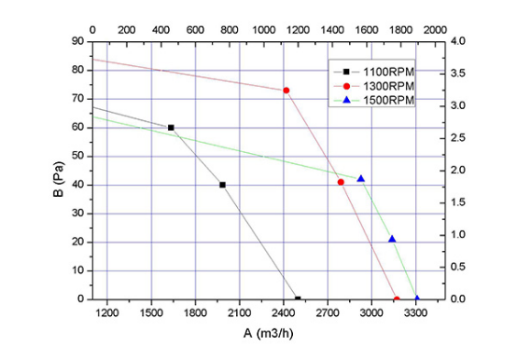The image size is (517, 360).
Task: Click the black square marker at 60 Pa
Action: [x=171, y=128]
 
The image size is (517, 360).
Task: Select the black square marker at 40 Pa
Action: [x=222, y=185]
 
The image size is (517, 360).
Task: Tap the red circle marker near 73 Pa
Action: [x=286, y=90]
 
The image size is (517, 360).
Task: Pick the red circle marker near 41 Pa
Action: [x=341, y=182]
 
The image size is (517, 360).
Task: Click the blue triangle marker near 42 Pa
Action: [x=361, y=178]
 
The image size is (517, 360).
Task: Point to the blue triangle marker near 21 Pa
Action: [x=392, y=239]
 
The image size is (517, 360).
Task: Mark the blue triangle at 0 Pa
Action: [x=417, y=298]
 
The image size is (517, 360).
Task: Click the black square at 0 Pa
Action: [x=298, y=298]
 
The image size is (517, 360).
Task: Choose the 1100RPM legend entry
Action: [x=374, y=72]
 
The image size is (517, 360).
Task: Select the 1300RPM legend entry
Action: [x=374, y=86]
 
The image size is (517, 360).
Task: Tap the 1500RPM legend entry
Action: [x=374, y=100]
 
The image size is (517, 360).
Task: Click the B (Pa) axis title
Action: [x=58, y=179]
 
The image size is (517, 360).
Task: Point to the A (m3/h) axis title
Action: [x=268, y=333]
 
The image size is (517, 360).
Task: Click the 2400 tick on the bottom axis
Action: [x=284, y=312]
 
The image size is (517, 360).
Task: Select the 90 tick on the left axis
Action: [x=77, y=41]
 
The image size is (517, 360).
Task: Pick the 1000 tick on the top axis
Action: [x=264, y=30]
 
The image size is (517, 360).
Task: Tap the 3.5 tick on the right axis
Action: [x=458, y=73]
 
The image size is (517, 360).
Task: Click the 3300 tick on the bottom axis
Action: [x=416, y=312]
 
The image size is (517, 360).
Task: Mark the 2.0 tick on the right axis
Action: [x=458, y=171]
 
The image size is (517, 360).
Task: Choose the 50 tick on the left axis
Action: [x=77, y=156]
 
